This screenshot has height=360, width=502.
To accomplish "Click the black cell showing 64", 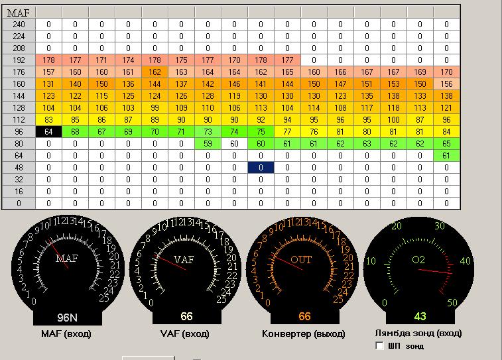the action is (x=48, y=132).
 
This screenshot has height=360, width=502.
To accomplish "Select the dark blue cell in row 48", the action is (x=261, y=168).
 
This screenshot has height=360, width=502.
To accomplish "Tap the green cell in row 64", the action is (x=446, y=156).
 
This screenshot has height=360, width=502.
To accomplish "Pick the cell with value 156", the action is (x=446, y=84).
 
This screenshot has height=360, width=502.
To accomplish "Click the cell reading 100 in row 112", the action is (x=393, y=120).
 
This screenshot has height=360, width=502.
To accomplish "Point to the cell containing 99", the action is (x=155, y=108).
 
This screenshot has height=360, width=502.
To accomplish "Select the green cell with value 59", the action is (x=208, y=144).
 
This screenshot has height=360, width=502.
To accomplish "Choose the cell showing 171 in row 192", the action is (x=101, y=60).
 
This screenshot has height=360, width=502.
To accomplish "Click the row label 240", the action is (x=19, y=25).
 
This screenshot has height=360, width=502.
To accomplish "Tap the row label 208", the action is (x=19, y=48).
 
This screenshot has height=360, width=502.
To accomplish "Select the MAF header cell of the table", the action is (x=19, y=13).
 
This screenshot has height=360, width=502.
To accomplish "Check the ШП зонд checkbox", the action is (x=380, y=345).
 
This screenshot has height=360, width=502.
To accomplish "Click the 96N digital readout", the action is (x=67, y=318).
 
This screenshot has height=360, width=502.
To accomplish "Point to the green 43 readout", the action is (x=420, y=316).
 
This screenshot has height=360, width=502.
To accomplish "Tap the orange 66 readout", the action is (x=304, y=316).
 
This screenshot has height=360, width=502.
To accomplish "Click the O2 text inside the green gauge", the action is (x=418, y=260).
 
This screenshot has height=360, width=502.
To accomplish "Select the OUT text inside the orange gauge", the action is (x=301, y=259).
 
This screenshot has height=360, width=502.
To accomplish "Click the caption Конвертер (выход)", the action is (x=304, y=333).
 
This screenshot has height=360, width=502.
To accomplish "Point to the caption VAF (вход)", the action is (x=185, y=333).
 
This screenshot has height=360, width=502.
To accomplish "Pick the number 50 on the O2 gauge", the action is (x=452, y=303).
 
